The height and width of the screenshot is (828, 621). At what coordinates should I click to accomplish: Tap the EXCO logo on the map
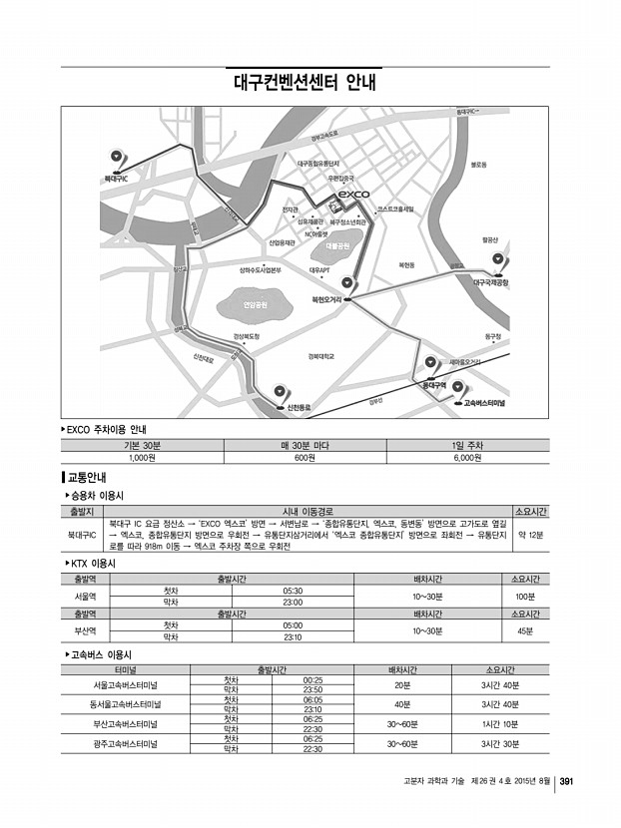pyautogui.click(x=353, y=194)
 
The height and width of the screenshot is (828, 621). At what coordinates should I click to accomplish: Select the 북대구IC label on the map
pyautogui.click(x=116, y=179)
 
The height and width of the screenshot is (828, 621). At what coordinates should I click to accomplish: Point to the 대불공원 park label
pyautogui.click(x=336, y=243)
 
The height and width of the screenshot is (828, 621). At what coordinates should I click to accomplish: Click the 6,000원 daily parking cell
pyautogui.click(x=467, y=458)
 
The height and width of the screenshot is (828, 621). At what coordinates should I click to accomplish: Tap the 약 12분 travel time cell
pyautogui.click(x=530, y=535)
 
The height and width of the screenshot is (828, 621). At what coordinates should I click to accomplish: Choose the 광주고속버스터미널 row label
pyautogui.click(x=126, y=743)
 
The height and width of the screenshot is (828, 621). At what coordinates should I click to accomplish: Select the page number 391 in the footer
pyautogui.click(x=565, y=781)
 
